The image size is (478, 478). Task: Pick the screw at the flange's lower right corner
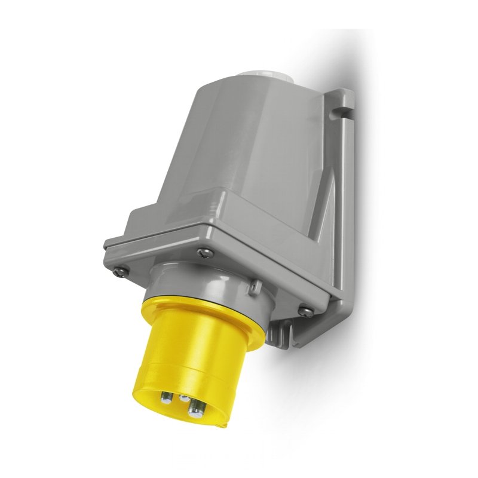click(304, 310)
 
